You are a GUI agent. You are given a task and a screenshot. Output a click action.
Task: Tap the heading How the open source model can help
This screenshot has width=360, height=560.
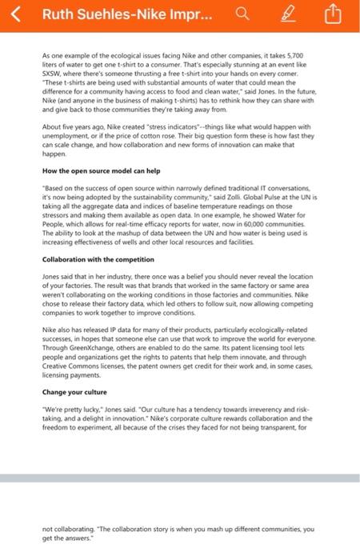coord(101,170)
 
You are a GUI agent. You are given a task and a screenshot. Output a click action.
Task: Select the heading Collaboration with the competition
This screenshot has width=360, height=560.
coord(98,259)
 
